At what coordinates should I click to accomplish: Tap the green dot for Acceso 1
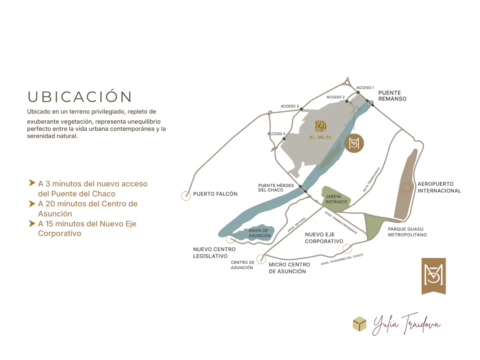pyautogui.click(x=358, y=92)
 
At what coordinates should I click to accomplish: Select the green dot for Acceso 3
pyautogui.click(x=301, y=109)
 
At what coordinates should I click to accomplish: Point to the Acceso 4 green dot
pyautogui.click(x=284, y=139)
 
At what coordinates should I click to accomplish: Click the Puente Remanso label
pyautogui.click(x=392, y=96)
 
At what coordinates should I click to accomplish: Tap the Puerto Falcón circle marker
pyautogui.click(x=186, y=196)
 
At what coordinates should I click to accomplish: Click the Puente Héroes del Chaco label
pyautogui.click(x=276, y=188)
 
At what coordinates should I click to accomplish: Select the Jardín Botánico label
pyautogui.click(x=336, y=199)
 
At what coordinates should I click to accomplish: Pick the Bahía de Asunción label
pyautogui.click(x=260, y=233)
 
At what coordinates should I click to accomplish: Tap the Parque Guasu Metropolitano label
pyautogui.click(x=407, y=232)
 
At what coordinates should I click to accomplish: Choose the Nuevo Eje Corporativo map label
pyautogui.click(x=324, y=238)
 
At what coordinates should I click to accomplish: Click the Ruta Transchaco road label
pyautogui.click(x=371, y=180)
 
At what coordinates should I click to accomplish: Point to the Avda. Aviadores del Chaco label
pyautogui.click(x=342, y=259)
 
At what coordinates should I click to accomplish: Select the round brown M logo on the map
pyautogui.click(x=354, y=143)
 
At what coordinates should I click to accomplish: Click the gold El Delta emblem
pyautogui.click(x=320, y=126)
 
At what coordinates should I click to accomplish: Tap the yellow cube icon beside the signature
pyautogui.click(x=360, y=324)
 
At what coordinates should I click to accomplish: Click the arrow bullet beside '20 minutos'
pyautogui.click(x=32, y=204)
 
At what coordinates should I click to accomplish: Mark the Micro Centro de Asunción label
pyautogui.click(x=289, y=268)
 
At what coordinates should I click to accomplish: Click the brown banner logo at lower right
pyautogui.click(x=434, y=276)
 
